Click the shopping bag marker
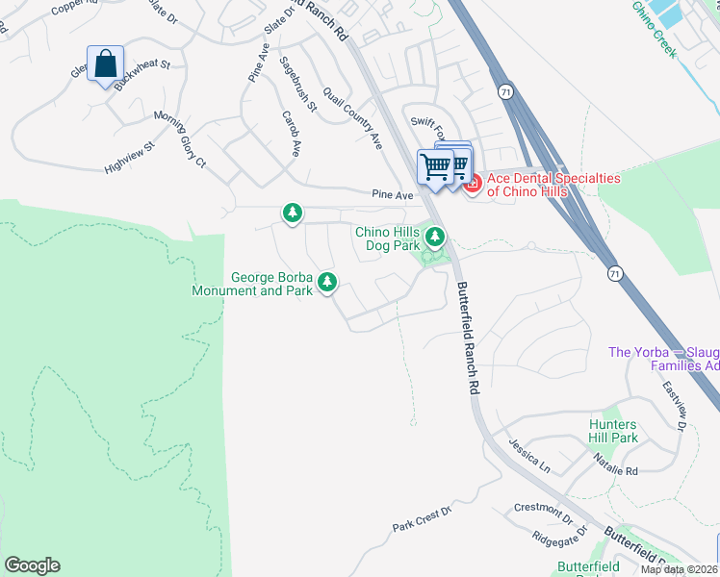click(x=106, y=64)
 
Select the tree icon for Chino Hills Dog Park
click(x=435, y=235)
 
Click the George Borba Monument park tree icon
click(x=328, y=282)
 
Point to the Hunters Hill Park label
click(x=613, y=431)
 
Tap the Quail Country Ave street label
click(x=352, y=117)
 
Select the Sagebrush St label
click(x=298, y=83)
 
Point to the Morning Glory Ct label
click(x=181, y=139)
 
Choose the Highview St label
click(x=130, y=160)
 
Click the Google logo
click(x=32, y=565)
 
